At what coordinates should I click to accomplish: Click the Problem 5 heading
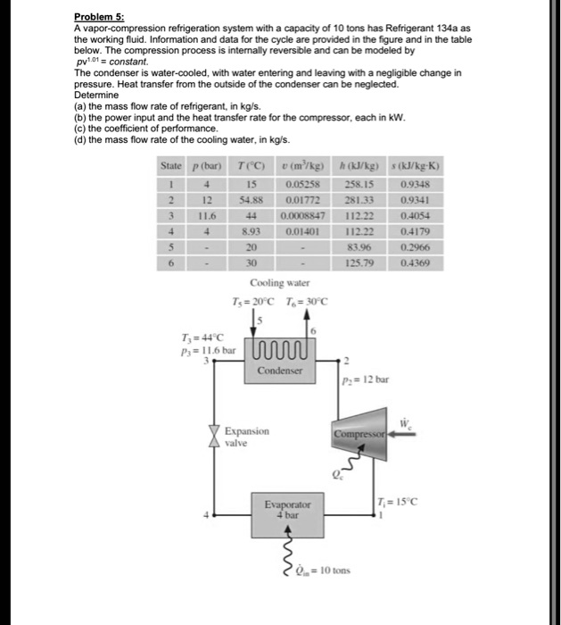96,17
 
